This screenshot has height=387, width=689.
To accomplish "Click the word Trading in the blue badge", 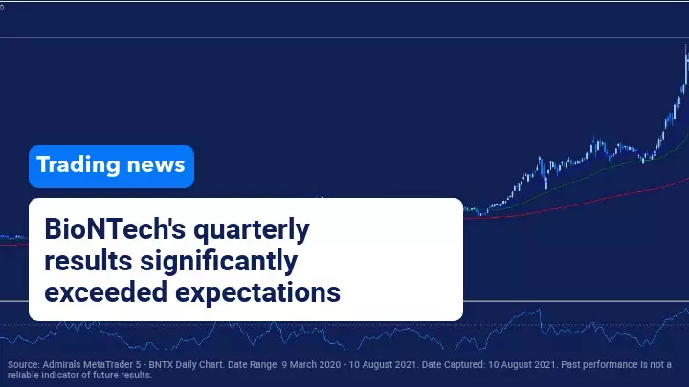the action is click(x=78, y=165).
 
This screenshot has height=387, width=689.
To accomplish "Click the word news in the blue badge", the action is click(x=156, y=165).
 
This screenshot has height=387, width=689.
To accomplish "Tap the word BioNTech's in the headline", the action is click(x=115, y=228).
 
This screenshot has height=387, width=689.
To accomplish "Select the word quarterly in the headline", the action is click(x=252, y=230).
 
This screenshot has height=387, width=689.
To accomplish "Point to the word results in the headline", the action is click(x=88, y=261).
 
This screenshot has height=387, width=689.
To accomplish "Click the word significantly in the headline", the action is click(x=219, y=262).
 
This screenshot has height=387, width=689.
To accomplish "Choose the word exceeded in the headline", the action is click(x=106, y=292).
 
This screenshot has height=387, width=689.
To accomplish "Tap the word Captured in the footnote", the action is click(x=463, y=365).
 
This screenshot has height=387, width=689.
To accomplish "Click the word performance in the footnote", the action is click(x=609, y=365).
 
